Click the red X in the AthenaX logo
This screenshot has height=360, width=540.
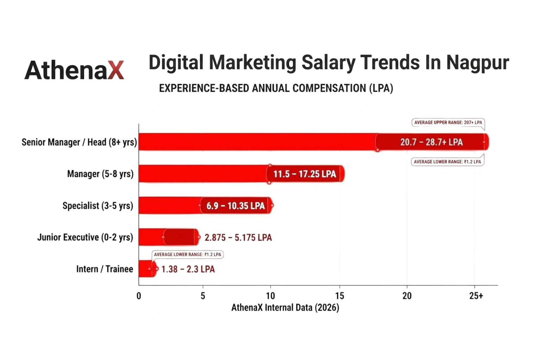[116, 70]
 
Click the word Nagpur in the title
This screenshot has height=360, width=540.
[477, 63]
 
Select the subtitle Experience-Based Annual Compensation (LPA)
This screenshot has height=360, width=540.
[276, 88]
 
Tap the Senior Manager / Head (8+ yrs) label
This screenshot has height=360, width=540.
[79, 142]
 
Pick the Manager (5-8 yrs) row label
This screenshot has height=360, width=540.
[100, 174]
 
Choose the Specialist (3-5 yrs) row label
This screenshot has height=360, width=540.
[98, 206]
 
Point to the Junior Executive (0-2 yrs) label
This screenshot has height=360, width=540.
[85, 237]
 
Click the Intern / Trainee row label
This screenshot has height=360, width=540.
[104, 269]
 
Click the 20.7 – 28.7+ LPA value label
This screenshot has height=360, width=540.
[431, 142]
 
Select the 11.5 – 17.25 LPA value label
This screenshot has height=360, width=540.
[304, 174]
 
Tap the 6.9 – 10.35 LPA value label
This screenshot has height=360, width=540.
[236, 206]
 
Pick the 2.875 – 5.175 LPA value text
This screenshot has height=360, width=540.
[238, 238]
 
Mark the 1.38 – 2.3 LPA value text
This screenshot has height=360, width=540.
[188, 269]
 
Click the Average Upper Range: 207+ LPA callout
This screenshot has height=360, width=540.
[448, 123]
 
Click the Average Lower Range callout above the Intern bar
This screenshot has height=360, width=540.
[187, 255]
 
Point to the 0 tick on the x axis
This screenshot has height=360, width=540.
[139, 296]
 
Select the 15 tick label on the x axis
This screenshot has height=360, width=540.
[339, 296]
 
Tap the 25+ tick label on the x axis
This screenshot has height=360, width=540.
[476, 296]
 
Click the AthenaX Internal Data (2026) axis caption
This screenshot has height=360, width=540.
[285, 308]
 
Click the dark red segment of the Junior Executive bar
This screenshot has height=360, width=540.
[180, 237]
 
